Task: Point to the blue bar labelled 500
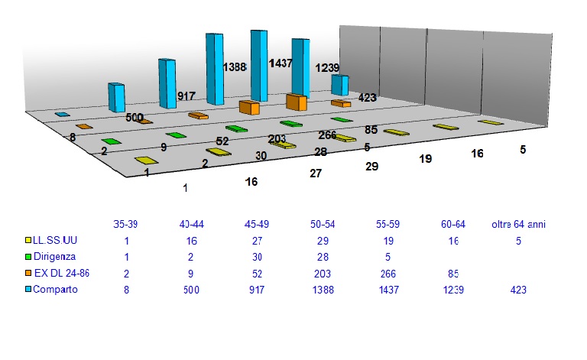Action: pos(116,97)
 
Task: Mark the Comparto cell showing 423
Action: pos(520,290)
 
